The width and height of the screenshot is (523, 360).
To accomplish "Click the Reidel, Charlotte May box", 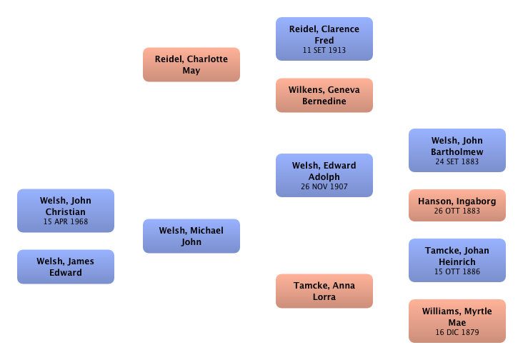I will (x=191, y=65).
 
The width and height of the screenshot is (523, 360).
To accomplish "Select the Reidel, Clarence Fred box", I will (x=324, y=39).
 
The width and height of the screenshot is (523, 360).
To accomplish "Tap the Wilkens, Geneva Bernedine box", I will (x=324, y=96).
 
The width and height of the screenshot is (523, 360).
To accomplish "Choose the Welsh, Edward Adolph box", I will (x=324, y=175).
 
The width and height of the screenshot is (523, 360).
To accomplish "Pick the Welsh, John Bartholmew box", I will (x=457, y=150).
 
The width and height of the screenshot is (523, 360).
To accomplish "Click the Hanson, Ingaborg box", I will (x=457, y=206).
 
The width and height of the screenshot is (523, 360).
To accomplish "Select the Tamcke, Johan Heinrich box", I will (x=457, y=261).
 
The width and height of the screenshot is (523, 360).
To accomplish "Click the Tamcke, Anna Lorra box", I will (x=324, y=291).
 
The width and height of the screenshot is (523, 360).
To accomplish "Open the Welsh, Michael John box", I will (x=191, y=236).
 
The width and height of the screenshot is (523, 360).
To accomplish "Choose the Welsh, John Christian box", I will (x=66, y=211).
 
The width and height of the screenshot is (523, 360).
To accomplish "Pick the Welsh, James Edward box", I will (x=66, y=266).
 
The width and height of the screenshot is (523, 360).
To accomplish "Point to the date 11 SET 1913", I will (x=324, y=51).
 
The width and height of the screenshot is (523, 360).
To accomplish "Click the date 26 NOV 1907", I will (x=324, y=188).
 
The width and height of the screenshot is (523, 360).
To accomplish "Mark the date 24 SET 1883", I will (x=457, y=162).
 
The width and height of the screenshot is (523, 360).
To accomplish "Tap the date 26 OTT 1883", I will (x=457, y=211).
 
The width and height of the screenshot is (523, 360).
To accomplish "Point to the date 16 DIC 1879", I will (x=457, y=332).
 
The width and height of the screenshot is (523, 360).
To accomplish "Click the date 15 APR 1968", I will (x=66, y=223).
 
